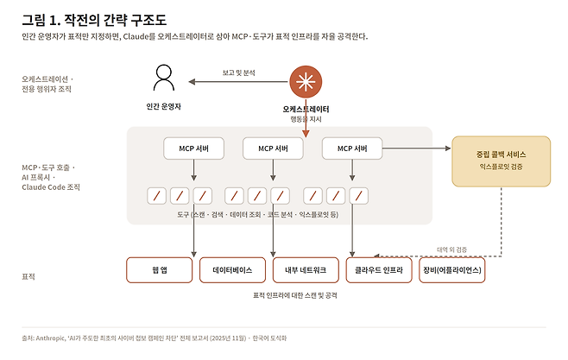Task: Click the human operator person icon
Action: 164,78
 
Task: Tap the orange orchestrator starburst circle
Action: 306,82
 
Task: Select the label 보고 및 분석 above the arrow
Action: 239,73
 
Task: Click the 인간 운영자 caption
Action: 163,106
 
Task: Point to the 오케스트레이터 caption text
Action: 306,109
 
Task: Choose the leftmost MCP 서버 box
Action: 194,148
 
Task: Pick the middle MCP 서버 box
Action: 273,148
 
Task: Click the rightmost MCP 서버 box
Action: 352,148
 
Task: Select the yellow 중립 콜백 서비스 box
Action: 502,161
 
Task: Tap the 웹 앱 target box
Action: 160,270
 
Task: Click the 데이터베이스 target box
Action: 232,270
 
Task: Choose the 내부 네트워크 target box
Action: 306,270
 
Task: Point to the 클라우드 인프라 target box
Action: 379,270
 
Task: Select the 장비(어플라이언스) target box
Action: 452,270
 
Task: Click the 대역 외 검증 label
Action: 451,249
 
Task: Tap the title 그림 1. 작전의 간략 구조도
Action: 94,20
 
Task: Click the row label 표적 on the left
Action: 28,277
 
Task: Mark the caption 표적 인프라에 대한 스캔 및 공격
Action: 295,295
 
